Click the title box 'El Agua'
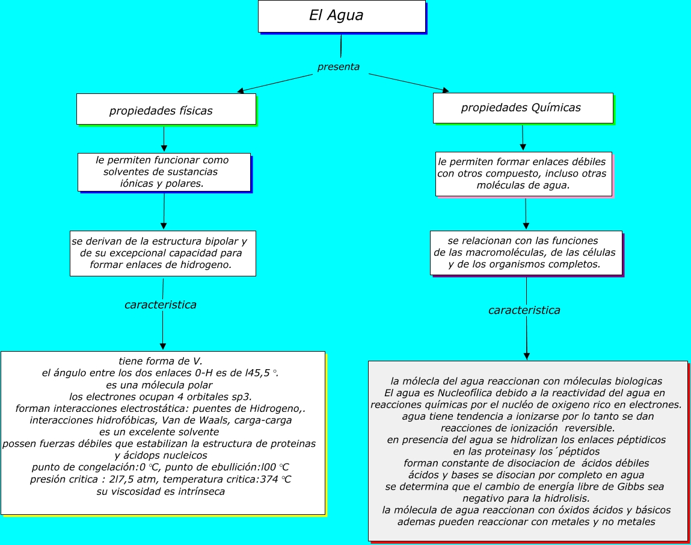[x=341, y=16]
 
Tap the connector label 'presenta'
[x=339, y=67]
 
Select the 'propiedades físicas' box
[x=166, y=110]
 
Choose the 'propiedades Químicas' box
[x=523, y=108]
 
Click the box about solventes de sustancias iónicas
[x=164, y=172]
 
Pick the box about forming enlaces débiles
[x=523, y=174]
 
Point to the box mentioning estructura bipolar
[x=162, y=253]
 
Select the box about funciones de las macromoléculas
[x=526, y=253]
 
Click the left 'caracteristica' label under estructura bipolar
[x=161, y=305]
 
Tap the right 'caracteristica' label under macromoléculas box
[x=524, y=310]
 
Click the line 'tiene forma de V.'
[x=160, y=361]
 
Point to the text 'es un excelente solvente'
[x=159, y=432]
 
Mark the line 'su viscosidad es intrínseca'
[x=161, y=491]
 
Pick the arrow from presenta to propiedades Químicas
[x=409, y=83]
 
